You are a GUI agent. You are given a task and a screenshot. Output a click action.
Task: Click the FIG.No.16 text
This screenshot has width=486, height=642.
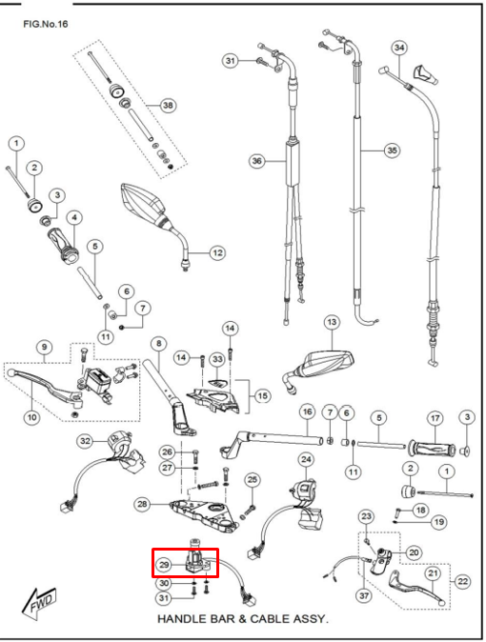coord(46,24)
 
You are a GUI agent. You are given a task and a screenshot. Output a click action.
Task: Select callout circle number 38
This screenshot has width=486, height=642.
coord(168,105)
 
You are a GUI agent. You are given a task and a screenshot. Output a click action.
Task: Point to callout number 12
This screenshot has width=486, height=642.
coord(217,252)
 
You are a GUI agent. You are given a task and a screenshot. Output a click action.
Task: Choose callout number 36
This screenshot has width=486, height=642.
coord(257,161)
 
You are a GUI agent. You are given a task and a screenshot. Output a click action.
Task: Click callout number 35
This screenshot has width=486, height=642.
coord(393,150)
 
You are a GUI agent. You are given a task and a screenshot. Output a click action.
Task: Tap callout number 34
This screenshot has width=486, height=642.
coord(399,48)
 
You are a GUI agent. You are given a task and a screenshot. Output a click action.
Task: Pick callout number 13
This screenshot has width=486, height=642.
coord(332,322)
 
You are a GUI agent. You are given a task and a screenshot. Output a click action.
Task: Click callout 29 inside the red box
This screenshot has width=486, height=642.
coord(164,565)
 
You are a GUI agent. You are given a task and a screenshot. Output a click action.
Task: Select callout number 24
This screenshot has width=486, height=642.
coord(307,460)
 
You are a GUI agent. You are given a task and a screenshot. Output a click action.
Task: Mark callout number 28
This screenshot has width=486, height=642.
coord(142,504)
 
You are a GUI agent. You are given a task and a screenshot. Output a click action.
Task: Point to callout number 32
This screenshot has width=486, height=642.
coord(85,441)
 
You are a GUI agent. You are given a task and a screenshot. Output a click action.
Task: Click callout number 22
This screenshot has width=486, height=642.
coord(462,581)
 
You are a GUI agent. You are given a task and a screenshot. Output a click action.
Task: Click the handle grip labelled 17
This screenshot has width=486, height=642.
coord(432,449)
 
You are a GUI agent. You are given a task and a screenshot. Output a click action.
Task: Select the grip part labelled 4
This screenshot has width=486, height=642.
coord(64,246)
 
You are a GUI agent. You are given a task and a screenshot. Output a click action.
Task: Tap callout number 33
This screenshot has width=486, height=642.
coord(217,359)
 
